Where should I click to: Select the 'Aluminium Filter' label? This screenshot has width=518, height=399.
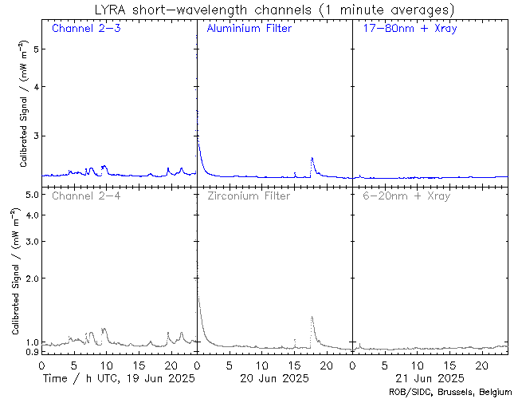[249, 29]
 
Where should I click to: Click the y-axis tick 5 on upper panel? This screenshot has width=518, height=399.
[35, 49]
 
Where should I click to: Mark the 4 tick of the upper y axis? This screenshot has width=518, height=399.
[35, 86]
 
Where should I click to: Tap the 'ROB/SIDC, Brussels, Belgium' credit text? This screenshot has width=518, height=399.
[449, 392]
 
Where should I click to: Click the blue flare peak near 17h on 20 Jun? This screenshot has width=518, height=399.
[312, 158]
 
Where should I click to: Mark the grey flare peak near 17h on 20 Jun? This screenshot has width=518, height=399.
[312, 317]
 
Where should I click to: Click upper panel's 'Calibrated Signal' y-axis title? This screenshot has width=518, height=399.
[24, 104]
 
